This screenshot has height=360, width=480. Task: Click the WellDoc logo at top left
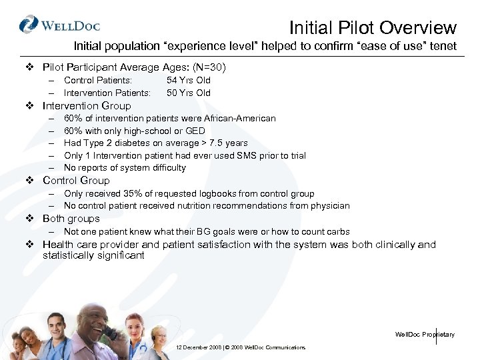click(59, 25)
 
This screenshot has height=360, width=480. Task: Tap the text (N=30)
click(209, 67)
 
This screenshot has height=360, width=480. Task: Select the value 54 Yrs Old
click(189, 81)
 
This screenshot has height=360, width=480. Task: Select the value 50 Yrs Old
click(189, 93)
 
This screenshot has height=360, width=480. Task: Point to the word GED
click(195, 131)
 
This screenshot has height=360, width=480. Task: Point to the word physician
click(327, 205)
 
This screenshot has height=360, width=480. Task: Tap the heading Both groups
click(71, 219)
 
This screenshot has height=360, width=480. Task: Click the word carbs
click(337, 231)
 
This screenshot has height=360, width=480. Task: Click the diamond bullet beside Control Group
click(29, 181)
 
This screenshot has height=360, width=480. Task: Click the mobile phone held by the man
click(110, 332)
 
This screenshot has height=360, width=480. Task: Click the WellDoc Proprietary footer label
click(425, 334)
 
